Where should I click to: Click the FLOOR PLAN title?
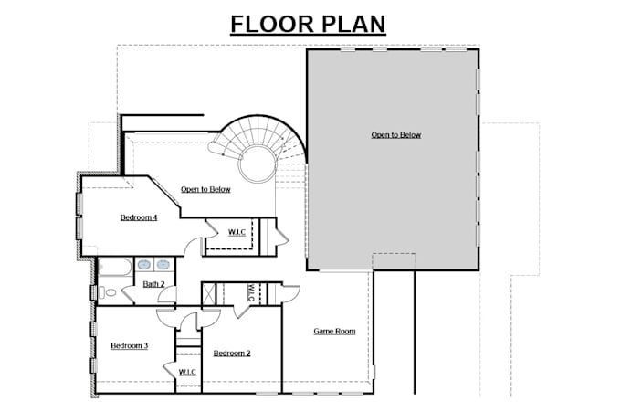pos(308,23)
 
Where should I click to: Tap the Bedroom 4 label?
pos(139,217)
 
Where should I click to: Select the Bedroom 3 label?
pos(129,345)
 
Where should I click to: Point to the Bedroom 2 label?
pos(232,353)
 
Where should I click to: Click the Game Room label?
pos(334,331)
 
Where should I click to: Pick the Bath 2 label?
pos(153,284)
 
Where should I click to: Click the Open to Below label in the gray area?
pos(395,135)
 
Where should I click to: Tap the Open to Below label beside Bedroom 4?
pos(205,190)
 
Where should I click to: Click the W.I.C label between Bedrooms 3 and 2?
pos(186,372)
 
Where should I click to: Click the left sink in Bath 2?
pos(143,265)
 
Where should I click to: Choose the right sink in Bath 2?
pos(163,265)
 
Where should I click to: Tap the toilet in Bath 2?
pos(109,292)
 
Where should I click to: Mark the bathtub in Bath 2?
pos(115,268)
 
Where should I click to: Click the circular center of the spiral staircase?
pos(255,165)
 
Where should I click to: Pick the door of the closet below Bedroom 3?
pos(171,369)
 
